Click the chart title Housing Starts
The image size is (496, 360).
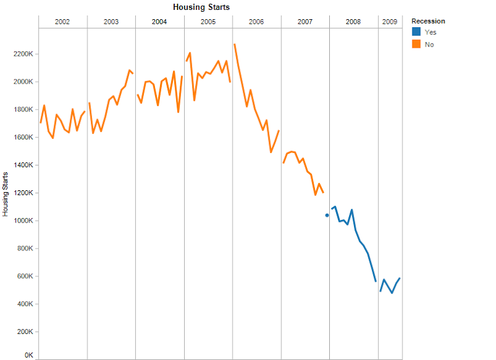pyautogui.click(x=201, y=7)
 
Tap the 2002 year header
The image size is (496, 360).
pyautogui.click(x=63, y=22)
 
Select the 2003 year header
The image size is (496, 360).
pyautogui.click(x=111, y=22)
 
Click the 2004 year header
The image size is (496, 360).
pyautogui.click(x=159, y=22)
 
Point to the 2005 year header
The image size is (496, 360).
pyautogui.click(x=208, y=22)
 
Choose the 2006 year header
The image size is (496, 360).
pyautogui.click(x=256, y=22)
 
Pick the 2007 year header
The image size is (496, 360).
pyautogui.click(x=305, y=22)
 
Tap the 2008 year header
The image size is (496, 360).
pyautogui.click(x=353, y=22)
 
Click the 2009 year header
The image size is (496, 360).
pyautogui.click(x=390, y=22)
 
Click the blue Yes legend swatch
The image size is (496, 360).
pyautogui.click(x=417, y=32)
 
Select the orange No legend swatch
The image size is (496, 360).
pyautogui.click(x=417, y=44)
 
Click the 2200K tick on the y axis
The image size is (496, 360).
pyautogui.click(x=22, y=54)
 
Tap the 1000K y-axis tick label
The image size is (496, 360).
pyautogui.click(x=22, y=221)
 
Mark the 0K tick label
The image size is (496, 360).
pyautogui.click(x=28, y=356)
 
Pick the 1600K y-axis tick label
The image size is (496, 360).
pyautogui.click(x=22, y=138)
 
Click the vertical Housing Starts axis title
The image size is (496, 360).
pyautogui.click(x=6, y=193)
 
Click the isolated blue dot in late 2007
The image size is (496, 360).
pyautogui.click(x=327, y=215)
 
